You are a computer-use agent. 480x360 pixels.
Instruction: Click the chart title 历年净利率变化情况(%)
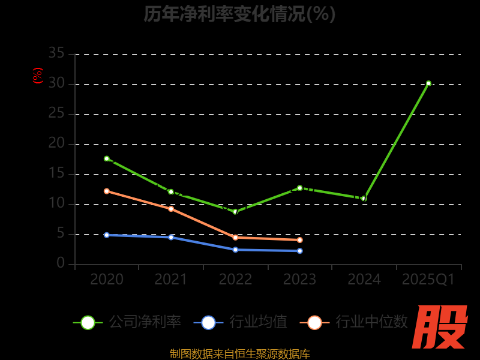click(239, 14)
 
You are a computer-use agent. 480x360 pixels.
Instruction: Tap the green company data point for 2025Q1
click(428, 83)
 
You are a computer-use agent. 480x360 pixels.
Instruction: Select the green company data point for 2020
click(107, 158)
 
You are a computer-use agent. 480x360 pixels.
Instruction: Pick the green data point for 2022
click(235, 212)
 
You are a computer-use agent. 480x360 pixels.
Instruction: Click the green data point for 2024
click(364, 198)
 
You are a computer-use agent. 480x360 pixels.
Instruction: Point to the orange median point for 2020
click(107, 191)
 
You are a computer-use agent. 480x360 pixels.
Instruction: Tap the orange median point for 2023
click(300, 240)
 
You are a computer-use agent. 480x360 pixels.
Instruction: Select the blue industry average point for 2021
click(171, 238)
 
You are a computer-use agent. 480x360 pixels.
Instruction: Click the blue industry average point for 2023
click(300, 251)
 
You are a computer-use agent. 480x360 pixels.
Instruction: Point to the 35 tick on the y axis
click(56, 53)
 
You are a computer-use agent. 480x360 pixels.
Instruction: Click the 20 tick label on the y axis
click(56, 143)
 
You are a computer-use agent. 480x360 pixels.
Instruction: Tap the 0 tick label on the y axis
click(61, 263)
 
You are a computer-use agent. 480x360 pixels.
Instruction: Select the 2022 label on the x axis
click(235, 280)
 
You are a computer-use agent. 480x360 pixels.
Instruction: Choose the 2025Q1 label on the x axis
click(428, 280)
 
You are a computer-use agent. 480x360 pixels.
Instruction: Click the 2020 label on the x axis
click(107, 280)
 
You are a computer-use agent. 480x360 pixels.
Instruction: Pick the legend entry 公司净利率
click(127, 322)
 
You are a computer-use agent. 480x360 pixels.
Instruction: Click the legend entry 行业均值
click(241, 322)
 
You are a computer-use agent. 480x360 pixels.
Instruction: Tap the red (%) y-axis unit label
click(38, 76)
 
